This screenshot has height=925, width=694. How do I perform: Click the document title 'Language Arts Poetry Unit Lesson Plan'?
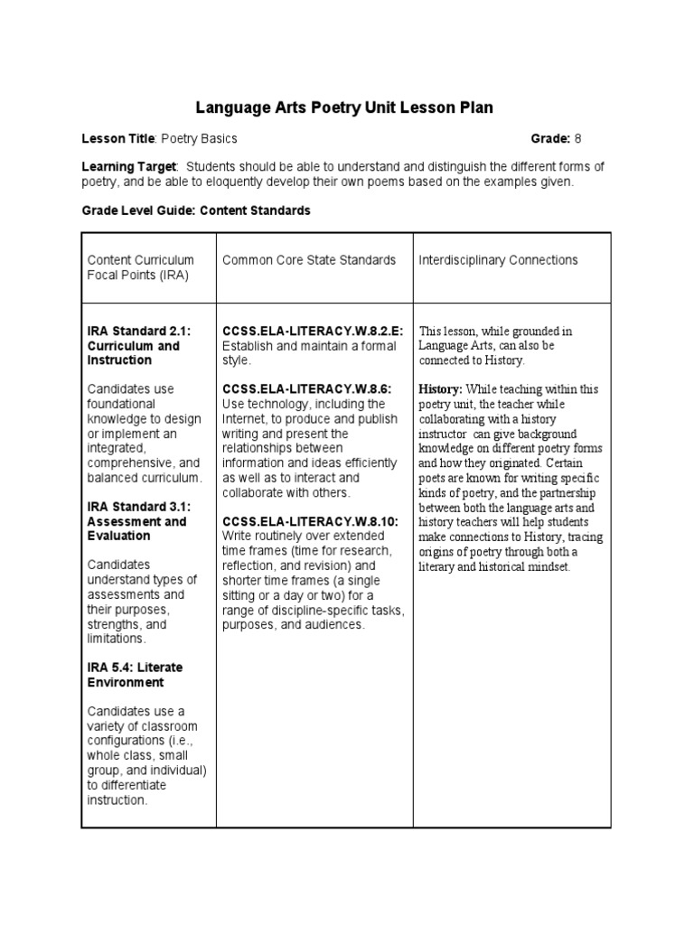point(345,108)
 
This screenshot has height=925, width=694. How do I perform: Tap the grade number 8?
point(578,138)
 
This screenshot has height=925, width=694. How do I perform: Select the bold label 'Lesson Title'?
point(119,138)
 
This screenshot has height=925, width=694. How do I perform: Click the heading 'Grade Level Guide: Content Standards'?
point(196,210)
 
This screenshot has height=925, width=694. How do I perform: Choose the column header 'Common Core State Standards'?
point(309,260)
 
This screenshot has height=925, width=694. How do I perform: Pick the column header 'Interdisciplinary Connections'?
point(498,260)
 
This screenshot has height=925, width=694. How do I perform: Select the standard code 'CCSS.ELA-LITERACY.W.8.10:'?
point(310,521)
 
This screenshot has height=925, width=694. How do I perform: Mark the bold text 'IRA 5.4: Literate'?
point(135,668)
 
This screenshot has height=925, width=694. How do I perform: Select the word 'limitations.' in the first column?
point(117,639)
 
